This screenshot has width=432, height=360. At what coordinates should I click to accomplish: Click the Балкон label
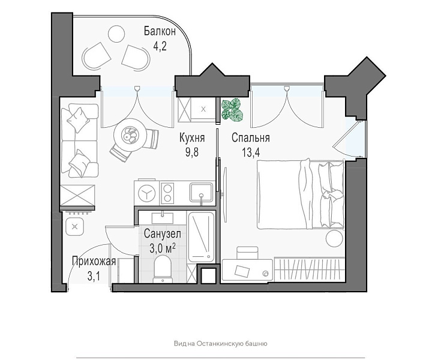(x=160, y=31)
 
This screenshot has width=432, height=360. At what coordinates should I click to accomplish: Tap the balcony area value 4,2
(x=160, y=46)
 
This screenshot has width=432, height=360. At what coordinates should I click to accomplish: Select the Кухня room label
(x=192, y=137)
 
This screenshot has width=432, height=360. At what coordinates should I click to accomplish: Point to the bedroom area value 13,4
(x=251, y=152)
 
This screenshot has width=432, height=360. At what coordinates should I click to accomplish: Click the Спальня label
(x=250, y=137)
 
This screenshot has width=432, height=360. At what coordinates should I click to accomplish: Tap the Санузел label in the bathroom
(x=163, y=234)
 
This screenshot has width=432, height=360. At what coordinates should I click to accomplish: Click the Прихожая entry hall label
(x=94, y=261)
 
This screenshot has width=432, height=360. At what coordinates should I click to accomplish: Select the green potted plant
(x=233, y=110)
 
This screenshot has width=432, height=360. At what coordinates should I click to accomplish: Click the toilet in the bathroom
(x=163, y=269)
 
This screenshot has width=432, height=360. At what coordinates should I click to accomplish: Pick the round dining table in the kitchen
(x=130, y=134)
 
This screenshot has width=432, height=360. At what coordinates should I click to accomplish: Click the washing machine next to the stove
(x=146, y=193)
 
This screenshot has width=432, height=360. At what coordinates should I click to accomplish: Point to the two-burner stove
(x=167, y=193)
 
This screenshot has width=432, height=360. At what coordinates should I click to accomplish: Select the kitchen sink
(x=201, y=193)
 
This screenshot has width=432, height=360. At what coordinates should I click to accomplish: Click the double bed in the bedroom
(x=301, y=194)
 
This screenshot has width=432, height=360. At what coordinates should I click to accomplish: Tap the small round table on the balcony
(x=116, y=34)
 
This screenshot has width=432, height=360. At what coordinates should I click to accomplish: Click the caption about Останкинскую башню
(x=220, y=343)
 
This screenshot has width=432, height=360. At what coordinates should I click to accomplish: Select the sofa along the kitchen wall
(x=80, y=140)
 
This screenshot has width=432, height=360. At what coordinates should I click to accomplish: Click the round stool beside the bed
(x=334, y=239)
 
